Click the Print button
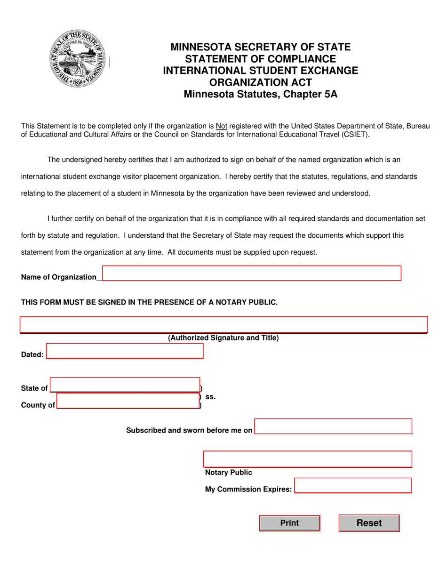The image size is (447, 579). (289, 523)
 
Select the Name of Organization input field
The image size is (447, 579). (251, 273)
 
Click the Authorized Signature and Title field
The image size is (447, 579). (223, 325)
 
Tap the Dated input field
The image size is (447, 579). (125, 351)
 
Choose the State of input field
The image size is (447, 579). (125, 385)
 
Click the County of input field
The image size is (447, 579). (128, 402)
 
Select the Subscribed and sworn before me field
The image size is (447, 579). (333, 426)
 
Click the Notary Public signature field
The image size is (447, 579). (307, 459)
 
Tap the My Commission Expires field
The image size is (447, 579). (352, 486)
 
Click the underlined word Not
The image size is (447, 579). (221, 126)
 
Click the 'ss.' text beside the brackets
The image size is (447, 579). (210, 397)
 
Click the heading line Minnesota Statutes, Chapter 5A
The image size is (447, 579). (260, 94)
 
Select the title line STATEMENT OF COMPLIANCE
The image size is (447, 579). (260, 59)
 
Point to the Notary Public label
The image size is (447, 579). (228, 473)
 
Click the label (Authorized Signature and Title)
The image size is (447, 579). (223, 338)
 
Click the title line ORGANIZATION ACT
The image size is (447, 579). (260, 82)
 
